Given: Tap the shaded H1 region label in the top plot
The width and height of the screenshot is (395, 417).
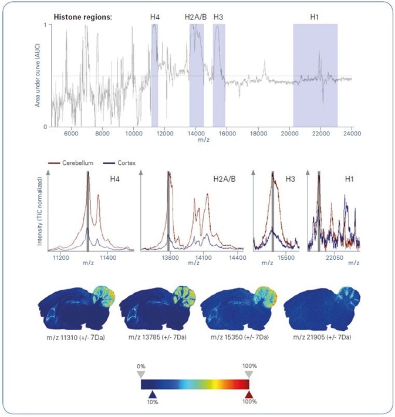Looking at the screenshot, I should coord(315,17).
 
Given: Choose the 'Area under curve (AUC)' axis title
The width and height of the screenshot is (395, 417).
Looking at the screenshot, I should coord(37,76).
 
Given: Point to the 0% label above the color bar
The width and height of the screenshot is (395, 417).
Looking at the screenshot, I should coord(141,366).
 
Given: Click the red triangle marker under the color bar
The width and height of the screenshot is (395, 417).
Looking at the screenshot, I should coord(249,395).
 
